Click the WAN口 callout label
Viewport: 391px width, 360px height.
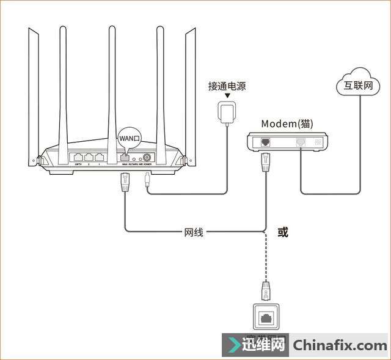click(130, 139)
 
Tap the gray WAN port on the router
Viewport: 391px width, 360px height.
click(125, 156)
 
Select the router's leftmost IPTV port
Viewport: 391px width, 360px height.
click(78, 156)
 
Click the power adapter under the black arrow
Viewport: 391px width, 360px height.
click(227, 111)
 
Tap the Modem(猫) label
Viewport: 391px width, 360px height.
click(287, 124)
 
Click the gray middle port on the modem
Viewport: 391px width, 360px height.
click(301, 142)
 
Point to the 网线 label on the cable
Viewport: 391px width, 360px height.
click(194, 232)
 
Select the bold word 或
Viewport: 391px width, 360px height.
click(282, 232)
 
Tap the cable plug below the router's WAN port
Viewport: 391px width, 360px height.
click(125, 182)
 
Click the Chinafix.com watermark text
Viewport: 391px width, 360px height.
click(339, 346)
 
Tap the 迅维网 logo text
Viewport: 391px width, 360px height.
click(266, 346)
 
